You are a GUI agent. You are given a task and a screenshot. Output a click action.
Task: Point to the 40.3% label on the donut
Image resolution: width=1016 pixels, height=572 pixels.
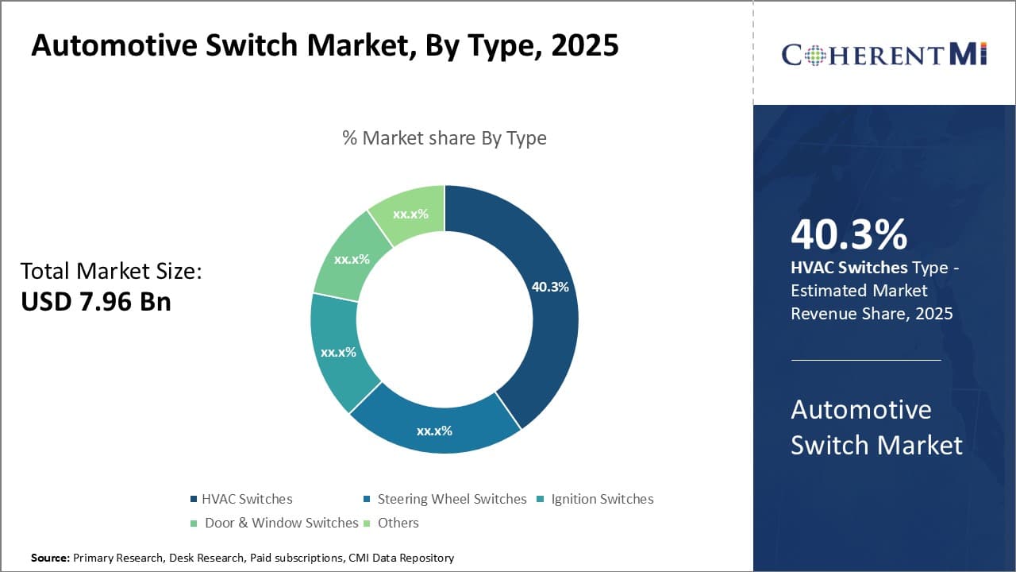[549, 287]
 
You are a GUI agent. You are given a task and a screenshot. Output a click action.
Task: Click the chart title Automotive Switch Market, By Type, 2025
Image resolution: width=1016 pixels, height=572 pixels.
[325, 45]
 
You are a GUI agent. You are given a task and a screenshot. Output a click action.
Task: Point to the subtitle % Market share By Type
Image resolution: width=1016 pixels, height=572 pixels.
[444, 137]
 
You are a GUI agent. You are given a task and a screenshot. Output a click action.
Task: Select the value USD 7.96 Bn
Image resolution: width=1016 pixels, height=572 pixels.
[96, 301]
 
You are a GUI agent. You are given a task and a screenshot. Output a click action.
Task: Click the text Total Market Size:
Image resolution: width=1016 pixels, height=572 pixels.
[111, 271]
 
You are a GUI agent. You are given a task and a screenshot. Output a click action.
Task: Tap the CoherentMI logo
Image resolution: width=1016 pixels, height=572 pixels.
[883, 54]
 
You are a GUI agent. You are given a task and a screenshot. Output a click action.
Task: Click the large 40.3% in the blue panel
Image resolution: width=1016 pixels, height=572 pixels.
[849, 234]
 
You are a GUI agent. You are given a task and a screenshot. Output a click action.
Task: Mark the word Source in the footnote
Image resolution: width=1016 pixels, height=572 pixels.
[50, 558]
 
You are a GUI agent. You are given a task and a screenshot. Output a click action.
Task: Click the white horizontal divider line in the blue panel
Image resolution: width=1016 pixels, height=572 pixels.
[865, 360]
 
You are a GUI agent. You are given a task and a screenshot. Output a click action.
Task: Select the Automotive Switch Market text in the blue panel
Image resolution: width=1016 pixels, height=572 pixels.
[876, 427]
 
